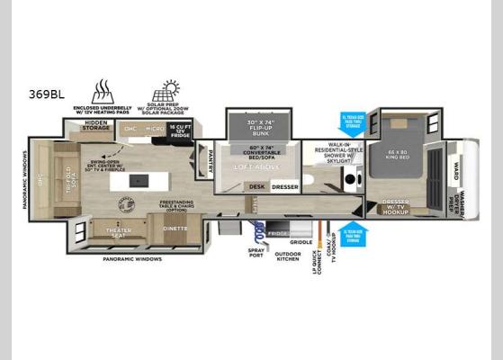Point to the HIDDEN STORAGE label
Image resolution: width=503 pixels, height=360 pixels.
pyautogui.click(x=96, y=128)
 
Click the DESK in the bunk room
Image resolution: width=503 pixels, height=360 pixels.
pyautogui.click(x=258, y=187)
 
